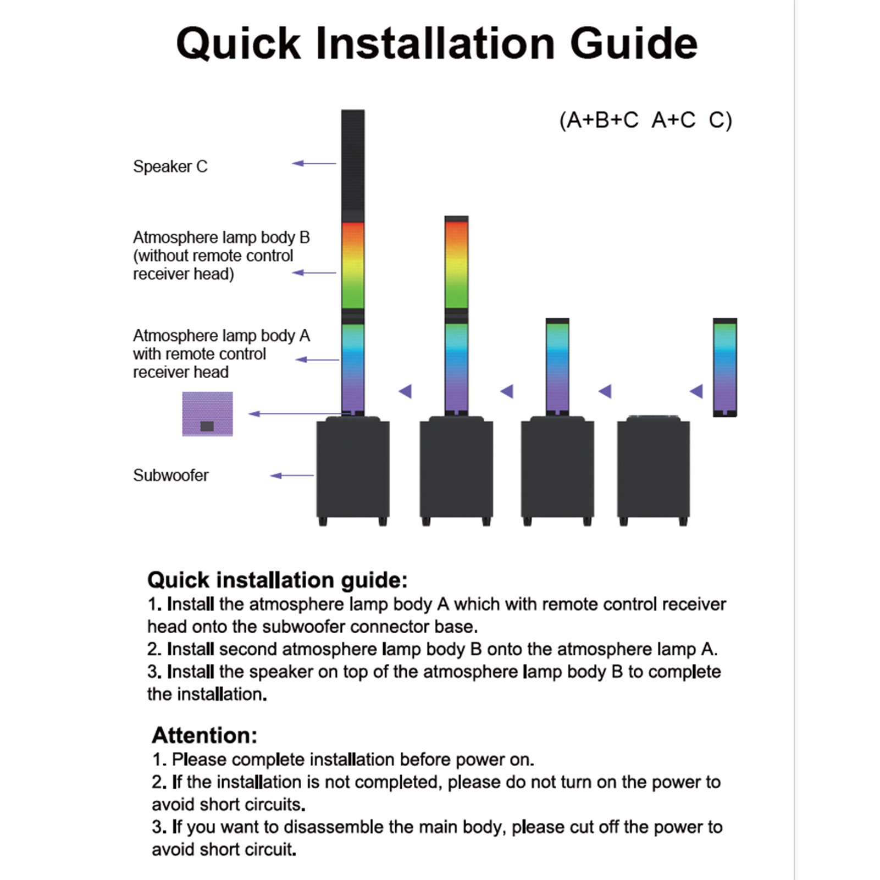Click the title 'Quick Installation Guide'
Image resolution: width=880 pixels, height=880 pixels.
click(x=437, y=43)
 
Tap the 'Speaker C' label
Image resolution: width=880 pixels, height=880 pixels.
click(x=170, y=167)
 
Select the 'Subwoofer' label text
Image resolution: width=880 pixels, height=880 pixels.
click(x=171, y=475)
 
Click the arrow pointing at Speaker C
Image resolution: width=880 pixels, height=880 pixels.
click(x=314, y=163)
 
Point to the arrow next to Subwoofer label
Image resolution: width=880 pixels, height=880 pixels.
click(x=292, y=475)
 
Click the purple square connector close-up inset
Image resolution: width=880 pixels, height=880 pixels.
click(x=207, y=414)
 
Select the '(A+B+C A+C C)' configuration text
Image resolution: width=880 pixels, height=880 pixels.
click(x=645, y=120)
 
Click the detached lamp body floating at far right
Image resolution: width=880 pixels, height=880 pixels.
click(x=724, y=367)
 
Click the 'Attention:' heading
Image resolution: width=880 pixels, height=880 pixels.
click(x=204, y=735)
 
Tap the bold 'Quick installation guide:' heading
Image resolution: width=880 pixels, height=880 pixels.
click(x=278, y=580)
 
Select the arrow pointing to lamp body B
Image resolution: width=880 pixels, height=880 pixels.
click(x=314, y=273)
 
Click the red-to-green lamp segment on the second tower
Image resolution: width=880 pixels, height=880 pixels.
click(x=456, y=264)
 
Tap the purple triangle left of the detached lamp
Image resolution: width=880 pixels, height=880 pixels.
click(x=696, y=391)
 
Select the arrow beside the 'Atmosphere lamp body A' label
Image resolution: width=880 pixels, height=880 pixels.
click(x=318, y=360)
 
